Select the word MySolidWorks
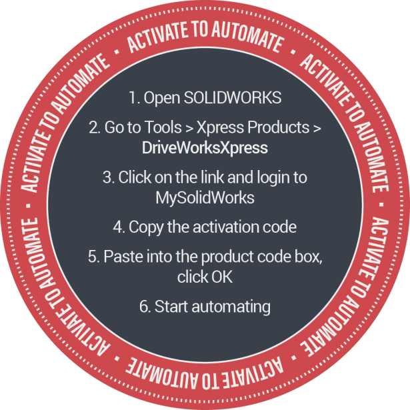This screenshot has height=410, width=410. [205, 198]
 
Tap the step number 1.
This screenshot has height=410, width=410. [132, 97]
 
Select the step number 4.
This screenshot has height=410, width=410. [117, 227]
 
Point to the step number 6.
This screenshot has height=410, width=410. [143, 307]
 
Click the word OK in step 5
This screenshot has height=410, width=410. [223, 277]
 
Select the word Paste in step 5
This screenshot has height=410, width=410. [121, 257]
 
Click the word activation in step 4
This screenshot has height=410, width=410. [224, 227]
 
